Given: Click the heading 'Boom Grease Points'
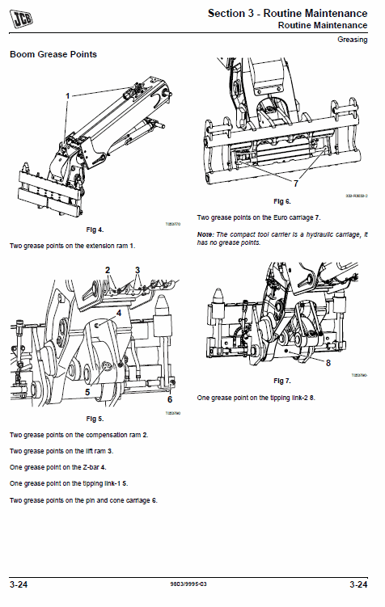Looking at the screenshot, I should pos(53,54).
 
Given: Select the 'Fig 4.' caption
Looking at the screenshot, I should pos(95,231).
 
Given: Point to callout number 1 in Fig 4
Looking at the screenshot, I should pos(68,95).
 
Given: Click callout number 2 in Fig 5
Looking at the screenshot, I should pos(108,269).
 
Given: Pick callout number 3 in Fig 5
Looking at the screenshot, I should pos(137,269).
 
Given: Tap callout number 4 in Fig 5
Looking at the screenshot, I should pos(118,313).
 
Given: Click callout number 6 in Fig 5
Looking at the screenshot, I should pos(169,399).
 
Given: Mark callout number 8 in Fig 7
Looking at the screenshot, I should pos(328,364).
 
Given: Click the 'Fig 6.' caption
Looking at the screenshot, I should pos(281,201).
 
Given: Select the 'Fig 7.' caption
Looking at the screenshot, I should pos(281,380).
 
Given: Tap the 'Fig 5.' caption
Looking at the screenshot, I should pos(95,419).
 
